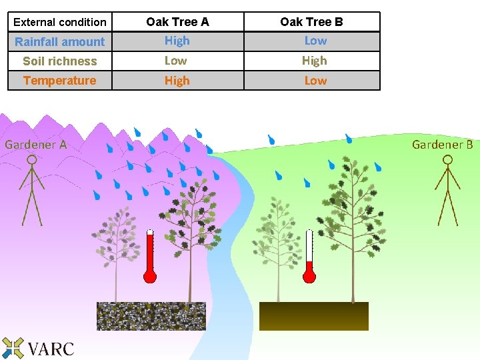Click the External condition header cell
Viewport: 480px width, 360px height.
pos(59,22)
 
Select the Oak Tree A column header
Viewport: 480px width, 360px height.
pos(177,22)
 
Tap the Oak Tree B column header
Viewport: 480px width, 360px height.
pos(311,22)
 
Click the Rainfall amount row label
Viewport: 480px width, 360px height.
pos(59,41)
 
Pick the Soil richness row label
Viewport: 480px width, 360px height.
pos(59,61)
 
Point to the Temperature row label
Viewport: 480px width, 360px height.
pos(59,81)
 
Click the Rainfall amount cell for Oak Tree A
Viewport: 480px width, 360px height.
pos(177,41)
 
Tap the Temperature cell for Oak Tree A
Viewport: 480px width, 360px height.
pos(177,81)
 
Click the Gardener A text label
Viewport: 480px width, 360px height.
pos(36,144)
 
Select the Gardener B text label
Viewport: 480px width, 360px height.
pos(442,144)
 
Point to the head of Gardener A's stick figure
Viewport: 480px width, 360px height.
pos(29,161)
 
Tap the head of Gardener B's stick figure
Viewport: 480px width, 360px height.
pos(447,160)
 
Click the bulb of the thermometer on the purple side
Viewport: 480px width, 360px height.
pos(150,276)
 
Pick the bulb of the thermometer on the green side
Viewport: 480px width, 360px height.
pos(309,276)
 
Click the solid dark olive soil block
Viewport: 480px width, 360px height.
pos(313,316)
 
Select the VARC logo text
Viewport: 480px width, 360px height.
pos(51,348)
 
